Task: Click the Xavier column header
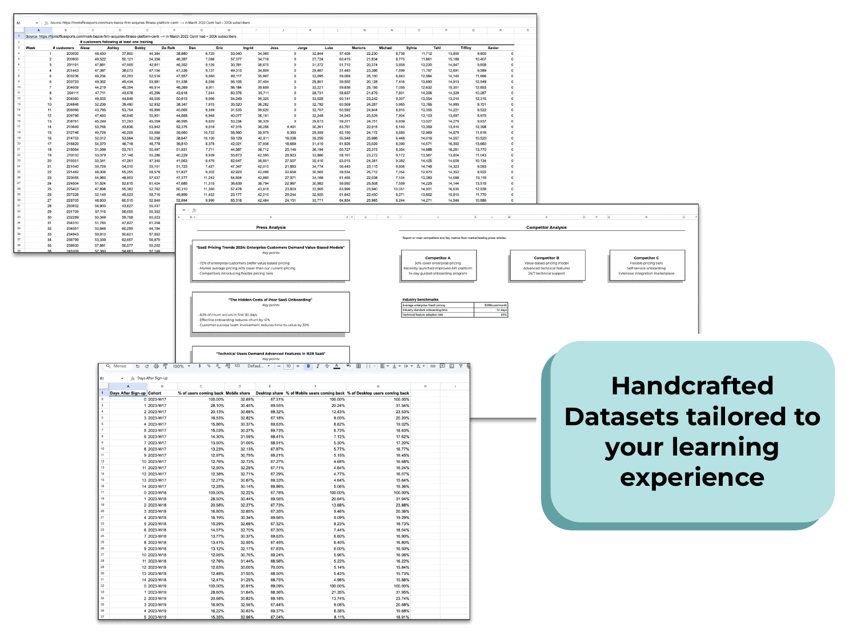493,48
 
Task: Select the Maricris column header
359,48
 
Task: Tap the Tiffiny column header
466,48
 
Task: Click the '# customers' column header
63,48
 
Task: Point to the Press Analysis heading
271,227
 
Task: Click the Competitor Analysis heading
546,227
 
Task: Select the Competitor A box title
438,258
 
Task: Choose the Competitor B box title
547,258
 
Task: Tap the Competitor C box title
646,258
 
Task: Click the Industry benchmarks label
421,299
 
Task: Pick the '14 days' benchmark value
501,310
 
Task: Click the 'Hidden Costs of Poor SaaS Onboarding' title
271,299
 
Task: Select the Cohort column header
155,393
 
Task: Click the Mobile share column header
238,393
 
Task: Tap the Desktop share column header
269,393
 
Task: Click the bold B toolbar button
309,366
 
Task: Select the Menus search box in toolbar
117,366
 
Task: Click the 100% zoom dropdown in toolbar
181,366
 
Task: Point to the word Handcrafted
692,386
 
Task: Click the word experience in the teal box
692,478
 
